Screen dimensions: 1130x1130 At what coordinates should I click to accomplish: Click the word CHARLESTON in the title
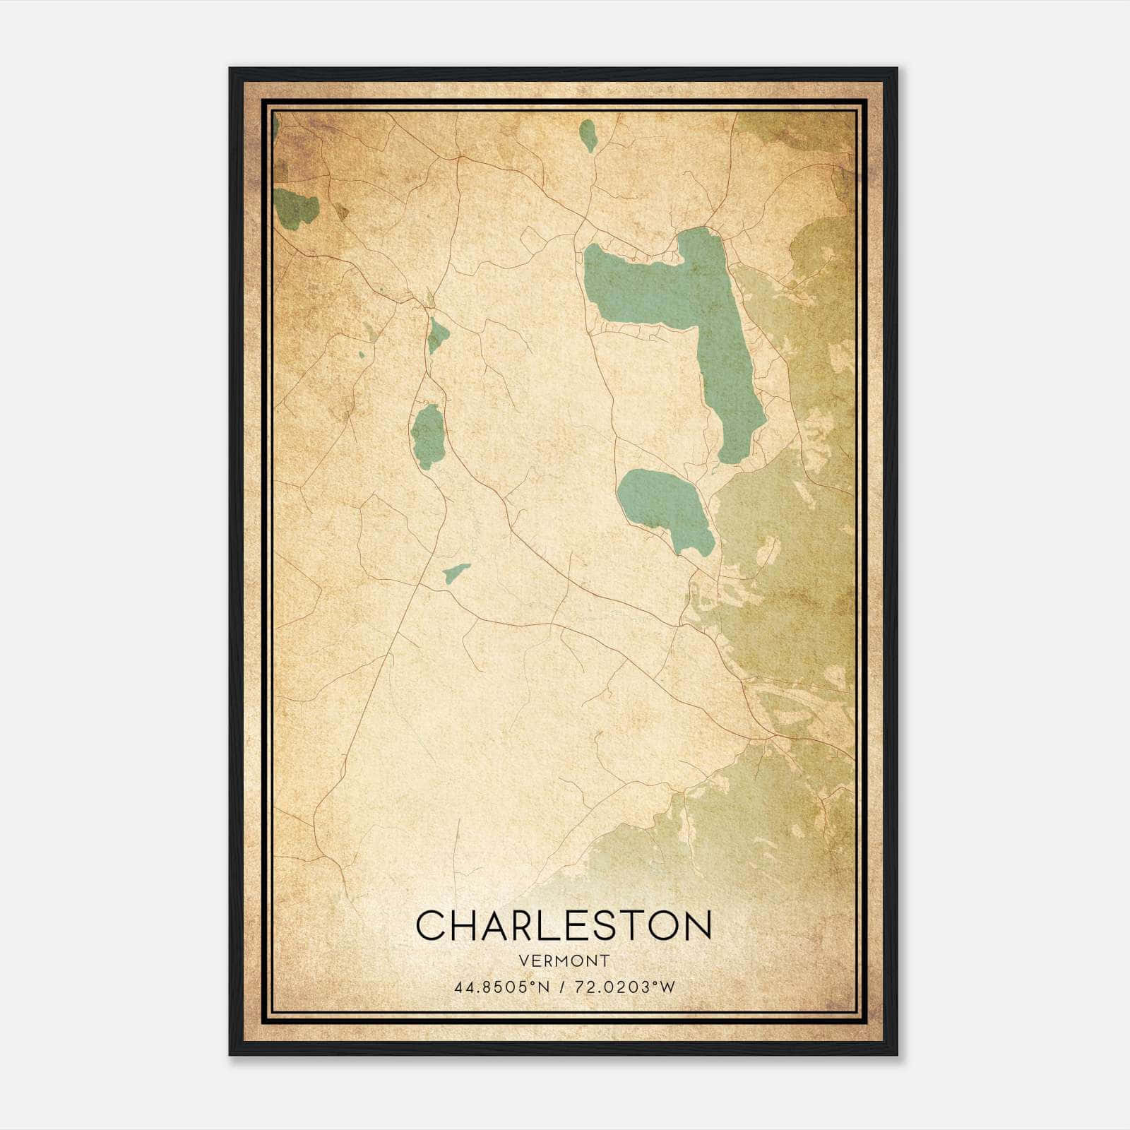[x=563, y=926]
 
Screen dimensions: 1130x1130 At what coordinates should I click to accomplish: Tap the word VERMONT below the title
[x=563, y=961]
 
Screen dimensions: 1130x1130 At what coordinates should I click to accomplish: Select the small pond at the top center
[x=588, y=134]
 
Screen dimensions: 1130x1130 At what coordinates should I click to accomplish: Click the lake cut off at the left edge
[x=295, y=207]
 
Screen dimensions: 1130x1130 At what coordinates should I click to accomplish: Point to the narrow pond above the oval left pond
[x=437, y=335]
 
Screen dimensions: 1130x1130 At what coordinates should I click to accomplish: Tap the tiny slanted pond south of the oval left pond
[x=456, y=573]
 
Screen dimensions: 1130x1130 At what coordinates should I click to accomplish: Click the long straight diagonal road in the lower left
[x=367, y=706]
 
